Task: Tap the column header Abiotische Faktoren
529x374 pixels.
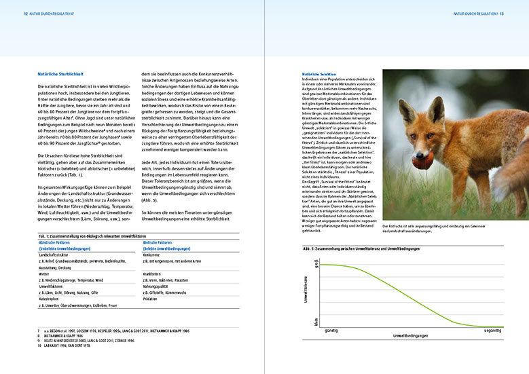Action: pyautogui.click(x=55, y=242)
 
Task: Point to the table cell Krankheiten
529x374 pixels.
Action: pyautogui.click(x=154, y=274)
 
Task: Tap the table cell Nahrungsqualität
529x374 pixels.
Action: pyautogui.click(x=158, y=286)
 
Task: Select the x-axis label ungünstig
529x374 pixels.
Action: pyautogui.click(x=492, y=330)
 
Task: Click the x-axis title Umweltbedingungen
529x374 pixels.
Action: pyautogui.click(x=412, y=336)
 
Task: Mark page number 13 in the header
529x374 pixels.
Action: pyautogui.click(x=501, y=13)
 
